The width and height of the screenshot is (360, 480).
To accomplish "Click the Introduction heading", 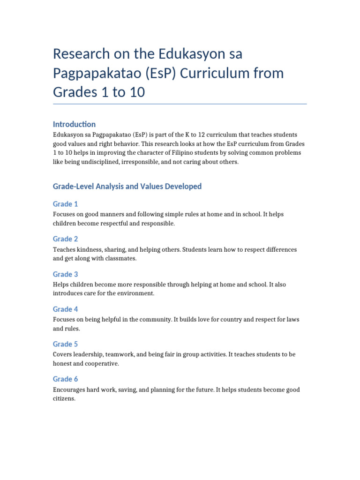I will tap(74, 124).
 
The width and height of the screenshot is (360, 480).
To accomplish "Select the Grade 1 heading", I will tap(66, 204).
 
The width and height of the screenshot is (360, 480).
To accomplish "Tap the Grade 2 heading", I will tap(66, 239).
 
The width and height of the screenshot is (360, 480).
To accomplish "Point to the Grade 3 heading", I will tap(66, 274).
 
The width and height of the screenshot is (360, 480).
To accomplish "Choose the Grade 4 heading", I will tap(66, 309).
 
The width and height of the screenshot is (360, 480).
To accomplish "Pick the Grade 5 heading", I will tap(66, 344).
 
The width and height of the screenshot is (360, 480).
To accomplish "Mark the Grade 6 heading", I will tap(66, 379).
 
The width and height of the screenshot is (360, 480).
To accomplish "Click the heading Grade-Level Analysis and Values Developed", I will tap(127, 187).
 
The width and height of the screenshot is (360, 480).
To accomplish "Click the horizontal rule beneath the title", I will tap(180, 104).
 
